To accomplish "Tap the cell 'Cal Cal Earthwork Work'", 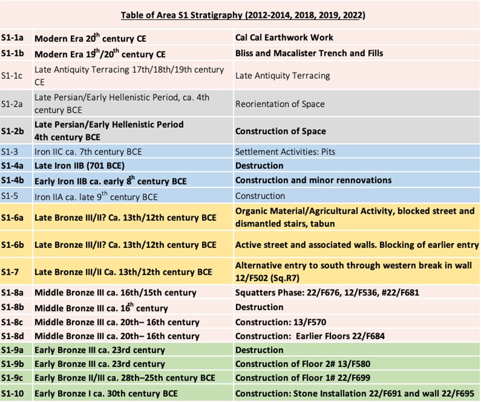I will coord(284,37).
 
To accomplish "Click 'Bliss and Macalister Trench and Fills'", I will coord(309,53).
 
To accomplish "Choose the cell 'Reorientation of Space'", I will coord(280,104).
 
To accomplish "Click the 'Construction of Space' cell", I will coord(280,131).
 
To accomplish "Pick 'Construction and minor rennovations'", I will coord(313,180).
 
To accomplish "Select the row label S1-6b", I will coord(13,245).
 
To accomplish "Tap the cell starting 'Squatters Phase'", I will coord(327,292).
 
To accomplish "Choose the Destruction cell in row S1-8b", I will coord(259,307).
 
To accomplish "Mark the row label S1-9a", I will coord(13,350).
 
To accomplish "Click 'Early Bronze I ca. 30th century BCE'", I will coord(106,394).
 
